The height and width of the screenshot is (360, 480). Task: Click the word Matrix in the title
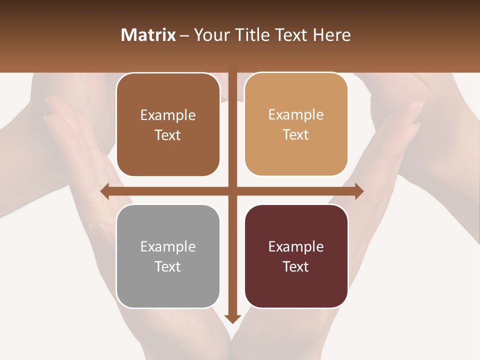(148, 35)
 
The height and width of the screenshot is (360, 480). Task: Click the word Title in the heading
(249, 35)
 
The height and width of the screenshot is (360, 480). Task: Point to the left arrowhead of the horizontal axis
(104, 191)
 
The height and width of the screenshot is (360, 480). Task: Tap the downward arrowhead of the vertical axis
(232, 318)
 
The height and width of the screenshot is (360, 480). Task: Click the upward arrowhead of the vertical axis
(232, 66)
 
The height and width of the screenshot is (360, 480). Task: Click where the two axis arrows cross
(232, 191)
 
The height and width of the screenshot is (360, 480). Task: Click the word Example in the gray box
(168, 246)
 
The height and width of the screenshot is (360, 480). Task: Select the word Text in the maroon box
(296, 266)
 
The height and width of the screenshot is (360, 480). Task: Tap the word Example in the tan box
(296, 115)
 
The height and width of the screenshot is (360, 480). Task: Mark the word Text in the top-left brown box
(168, 135)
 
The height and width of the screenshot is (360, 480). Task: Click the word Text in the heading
(291, 35)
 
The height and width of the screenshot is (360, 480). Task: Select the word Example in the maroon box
(296, 246)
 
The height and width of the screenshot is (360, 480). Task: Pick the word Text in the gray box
(168, 266)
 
